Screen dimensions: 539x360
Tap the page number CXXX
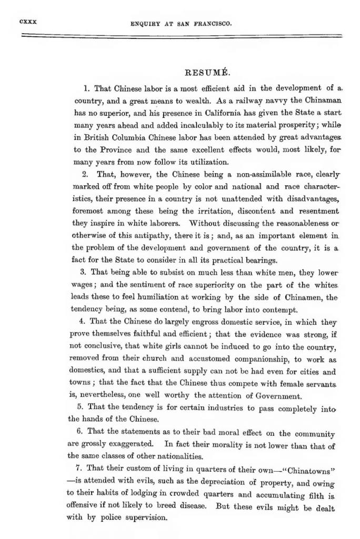pos(26,23)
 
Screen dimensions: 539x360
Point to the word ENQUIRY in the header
pos(145,24)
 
